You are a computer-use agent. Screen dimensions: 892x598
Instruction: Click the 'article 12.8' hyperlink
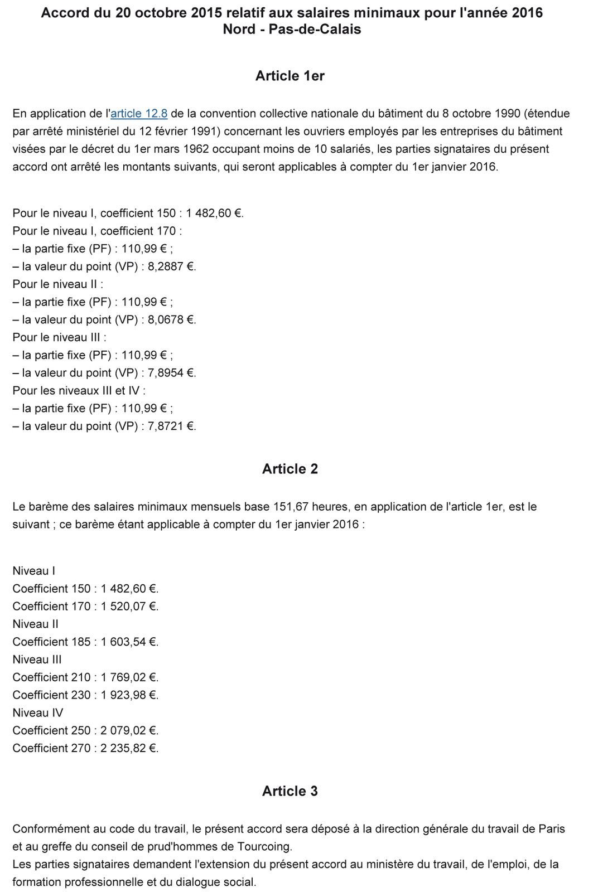tap(139, 114)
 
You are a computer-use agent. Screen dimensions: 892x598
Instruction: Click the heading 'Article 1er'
tap(290, 76)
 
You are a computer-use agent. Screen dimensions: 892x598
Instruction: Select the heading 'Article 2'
tap(290, 469)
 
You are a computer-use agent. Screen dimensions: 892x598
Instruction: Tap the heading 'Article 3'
tap(290, 791)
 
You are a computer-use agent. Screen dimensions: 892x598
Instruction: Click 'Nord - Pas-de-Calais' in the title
tap(292, 30)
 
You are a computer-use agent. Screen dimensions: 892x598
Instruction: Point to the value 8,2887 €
tap(171, 266)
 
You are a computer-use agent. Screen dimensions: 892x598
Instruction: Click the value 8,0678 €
tap(171, 319)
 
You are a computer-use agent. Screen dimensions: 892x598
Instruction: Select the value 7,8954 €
tap(171, 373)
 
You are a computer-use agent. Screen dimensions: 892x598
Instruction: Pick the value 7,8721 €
tap(171, 426)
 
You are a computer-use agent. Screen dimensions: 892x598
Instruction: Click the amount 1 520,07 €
tap(129, 606)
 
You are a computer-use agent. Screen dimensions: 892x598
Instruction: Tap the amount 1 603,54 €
tap(129, 642)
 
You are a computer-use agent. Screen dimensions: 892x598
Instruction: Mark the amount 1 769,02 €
tap(129, 677)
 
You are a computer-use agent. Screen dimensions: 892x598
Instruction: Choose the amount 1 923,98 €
tap(129, 695)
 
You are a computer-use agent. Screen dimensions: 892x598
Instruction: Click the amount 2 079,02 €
tap(129, 730)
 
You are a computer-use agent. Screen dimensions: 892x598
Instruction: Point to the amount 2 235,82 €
tap(129, 748)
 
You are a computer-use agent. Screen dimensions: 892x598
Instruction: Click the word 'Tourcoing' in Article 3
tap(264, 847)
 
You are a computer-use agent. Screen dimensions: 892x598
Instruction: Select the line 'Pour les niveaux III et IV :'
tap(79, 391)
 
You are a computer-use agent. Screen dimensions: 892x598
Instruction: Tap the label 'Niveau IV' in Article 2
tap(38, 712)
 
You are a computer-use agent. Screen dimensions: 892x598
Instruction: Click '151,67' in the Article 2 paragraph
tap(291, 507)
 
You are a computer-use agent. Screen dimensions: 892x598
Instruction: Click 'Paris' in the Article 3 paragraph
tap(551, 829)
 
